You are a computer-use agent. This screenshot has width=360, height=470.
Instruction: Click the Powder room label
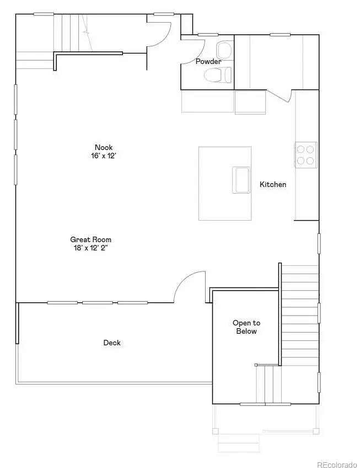208,61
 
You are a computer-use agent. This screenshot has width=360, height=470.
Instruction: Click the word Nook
103,147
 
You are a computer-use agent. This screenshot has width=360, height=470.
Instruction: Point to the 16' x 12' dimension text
103,156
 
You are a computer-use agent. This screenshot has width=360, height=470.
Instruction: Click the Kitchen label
273,184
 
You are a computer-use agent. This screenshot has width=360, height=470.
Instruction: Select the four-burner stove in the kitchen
305,155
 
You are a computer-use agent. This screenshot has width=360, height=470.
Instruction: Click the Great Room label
90,239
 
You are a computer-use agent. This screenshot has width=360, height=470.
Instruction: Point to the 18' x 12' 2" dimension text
90,248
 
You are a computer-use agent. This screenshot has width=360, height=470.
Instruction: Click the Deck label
112,343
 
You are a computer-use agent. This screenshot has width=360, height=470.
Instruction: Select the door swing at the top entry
159,30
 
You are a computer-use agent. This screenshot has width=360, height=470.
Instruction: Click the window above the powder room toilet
208,35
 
